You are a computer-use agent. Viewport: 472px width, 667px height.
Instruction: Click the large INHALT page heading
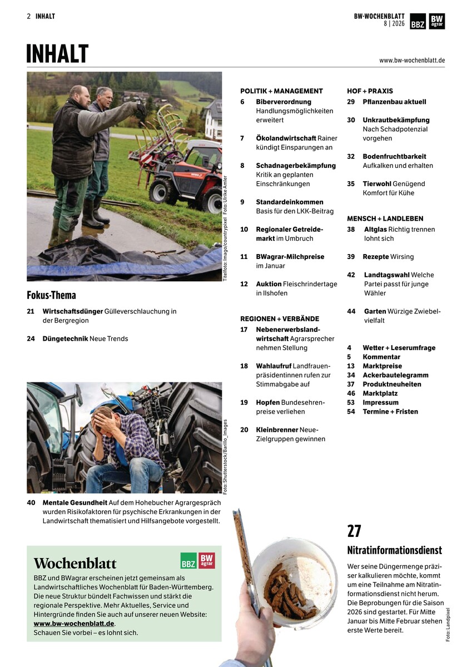coord(57,54)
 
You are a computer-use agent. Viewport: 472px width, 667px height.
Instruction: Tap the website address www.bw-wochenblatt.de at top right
coord(412,60)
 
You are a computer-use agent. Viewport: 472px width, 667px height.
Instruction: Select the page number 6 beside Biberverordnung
coord(242,102)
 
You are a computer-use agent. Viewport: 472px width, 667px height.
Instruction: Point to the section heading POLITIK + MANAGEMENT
coord(281,91)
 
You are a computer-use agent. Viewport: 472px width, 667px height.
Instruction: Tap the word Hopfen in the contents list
coord(267,402)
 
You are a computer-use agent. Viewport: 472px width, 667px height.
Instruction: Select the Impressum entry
coord(380,402)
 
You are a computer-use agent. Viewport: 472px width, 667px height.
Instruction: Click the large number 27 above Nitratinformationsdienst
coord(354,531)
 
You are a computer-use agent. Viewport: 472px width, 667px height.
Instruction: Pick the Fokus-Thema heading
coord(51,295)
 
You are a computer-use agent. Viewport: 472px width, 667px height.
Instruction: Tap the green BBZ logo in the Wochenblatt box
coord(188,560)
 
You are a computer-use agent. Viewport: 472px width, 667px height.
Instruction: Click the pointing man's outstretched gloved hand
coord(141,108)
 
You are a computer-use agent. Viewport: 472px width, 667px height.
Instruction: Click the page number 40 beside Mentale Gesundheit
coord(31,502)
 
